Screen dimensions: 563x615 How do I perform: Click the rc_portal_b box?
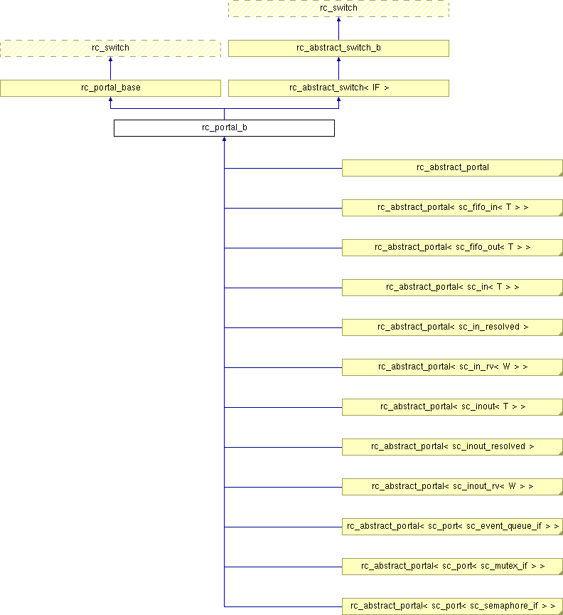coord(224,128)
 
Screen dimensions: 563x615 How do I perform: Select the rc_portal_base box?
coord(110,88)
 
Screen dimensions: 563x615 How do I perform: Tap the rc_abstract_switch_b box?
coord(338,48)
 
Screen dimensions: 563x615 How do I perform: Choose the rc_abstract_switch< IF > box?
coord(338,88)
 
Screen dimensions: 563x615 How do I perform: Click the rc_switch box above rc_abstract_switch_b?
coord(338,9)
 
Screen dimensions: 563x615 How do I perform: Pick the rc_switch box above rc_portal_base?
coord(110,48)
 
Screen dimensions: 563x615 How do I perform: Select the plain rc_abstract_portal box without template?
coord(453,168)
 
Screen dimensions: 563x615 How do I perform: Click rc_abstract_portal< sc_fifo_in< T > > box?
coord(453,207)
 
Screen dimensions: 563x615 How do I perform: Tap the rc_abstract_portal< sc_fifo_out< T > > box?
coord(453,248)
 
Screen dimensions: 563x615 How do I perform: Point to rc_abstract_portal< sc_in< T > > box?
coord(453,288)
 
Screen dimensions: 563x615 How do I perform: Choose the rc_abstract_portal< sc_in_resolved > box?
coord(453,327)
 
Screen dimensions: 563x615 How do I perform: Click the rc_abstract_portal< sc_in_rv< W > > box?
coord(453,367)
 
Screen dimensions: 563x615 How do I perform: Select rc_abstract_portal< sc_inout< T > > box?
coord(453,407)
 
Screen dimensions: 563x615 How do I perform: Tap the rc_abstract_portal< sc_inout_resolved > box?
coord(453,447)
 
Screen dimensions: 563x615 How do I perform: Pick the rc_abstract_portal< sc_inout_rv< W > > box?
coord(453,487)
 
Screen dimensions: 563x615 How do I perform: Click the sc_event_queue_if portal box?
coord(453,527)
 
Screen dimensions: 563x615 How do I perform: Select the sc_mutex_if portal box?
coord(453,567)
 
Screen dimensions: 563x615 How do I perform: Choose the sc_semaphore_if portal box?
coord(453,606)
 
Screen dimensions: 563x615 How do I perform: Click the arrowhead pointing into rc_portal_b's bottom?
coord(224,139)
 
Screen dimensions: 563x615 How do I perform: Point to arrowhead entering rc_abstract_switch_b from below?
coord(338,59)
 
